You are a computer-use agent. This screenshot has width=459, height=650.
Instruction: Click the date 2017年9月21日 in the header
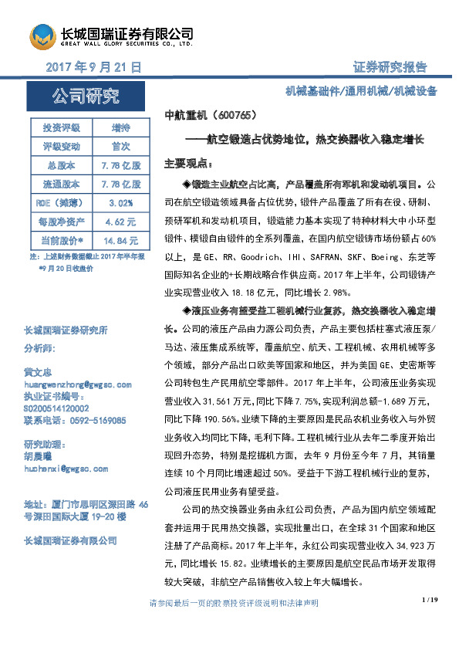click(x=93, y=68)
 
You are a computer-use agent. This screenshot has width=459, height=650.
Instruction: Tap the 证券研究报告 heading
click(x=390, y=67)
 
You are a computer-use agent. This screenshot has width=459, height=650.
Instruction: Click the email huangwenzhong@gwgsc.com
click(x=78, y=384)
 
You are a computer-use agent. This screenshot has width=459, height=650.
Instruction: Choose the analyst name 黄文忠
click(x=39, y=371)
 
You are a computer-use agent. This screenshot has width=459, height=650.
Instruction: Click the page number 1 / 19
click(x=430, y=621)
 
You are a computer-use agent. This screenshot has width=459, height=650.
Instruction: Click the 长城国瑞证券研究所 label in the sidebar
click(x=66, y=331)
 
